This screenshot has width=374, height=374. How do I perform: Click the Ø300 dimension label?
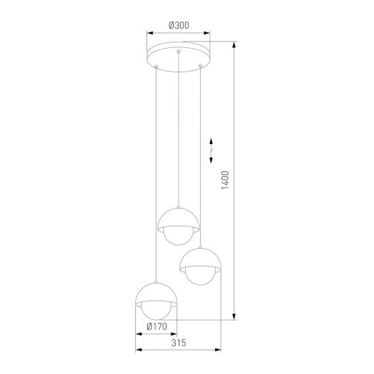coord(178,25)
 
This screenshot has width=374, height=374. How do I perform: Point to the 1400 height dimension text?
coord(225,180)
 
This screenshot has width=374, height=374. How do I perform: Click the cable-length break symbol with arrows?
coord(211,150)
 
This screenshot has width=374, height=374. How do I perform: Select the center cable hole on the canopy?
coord(178,51)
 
